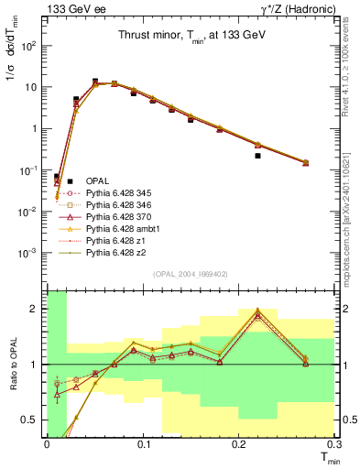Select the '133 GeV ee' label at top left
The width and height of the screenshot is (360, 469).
(x=40, y=8)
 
